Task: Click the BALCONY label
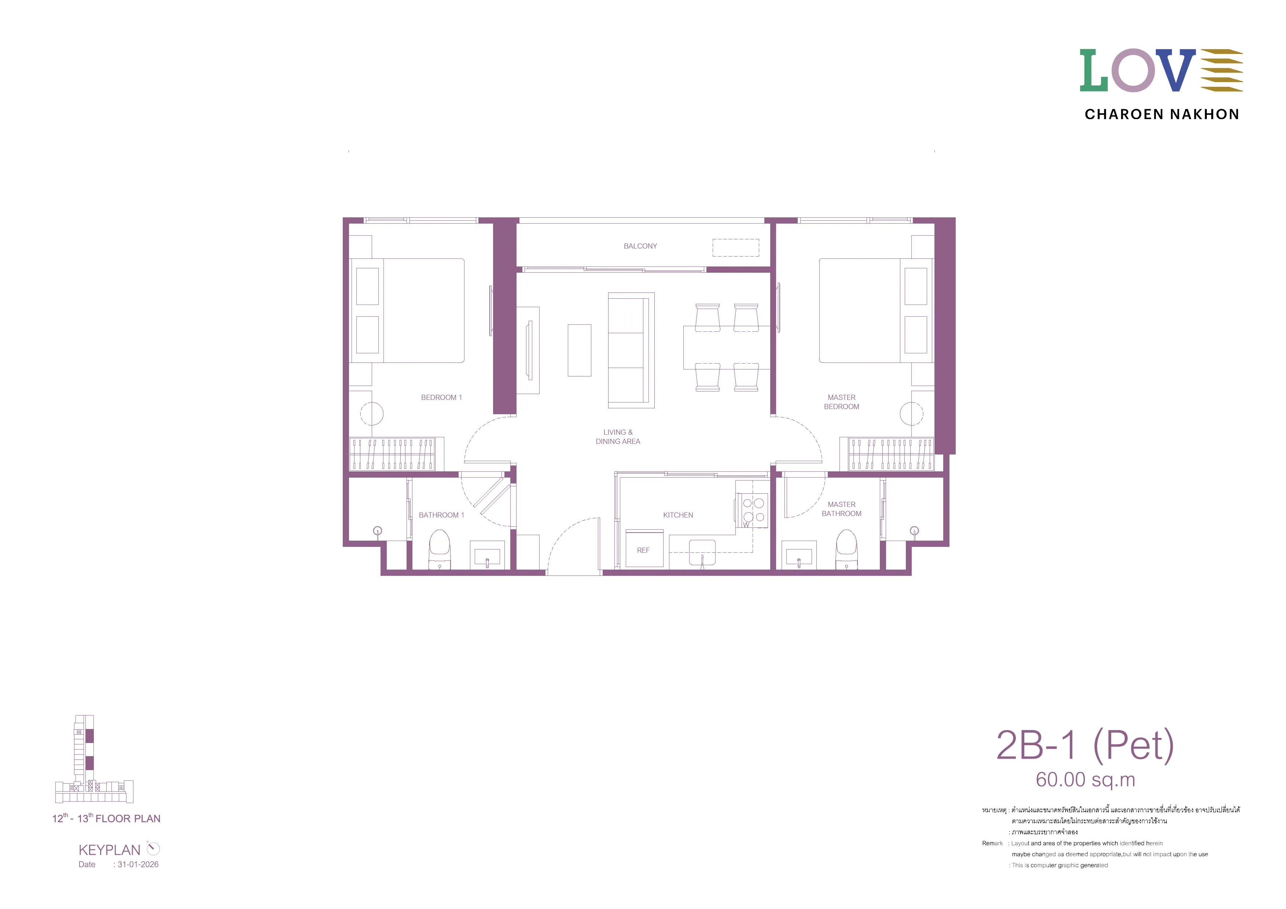coord(640,246)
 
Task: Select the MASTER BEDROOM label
coord(841,402)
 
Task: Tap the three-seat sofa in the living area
coord(631,350)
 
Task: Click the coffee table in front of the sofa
coord(579,350)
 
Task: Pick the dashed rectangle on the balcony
coord(735,247)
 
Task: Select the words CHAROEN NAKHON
coord(1162,114)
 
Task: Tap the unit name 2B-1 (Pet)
coord(1085,746)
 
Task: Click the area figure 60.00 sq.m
coord(1085,780)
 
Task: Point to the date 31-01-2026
coord(138,864)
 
